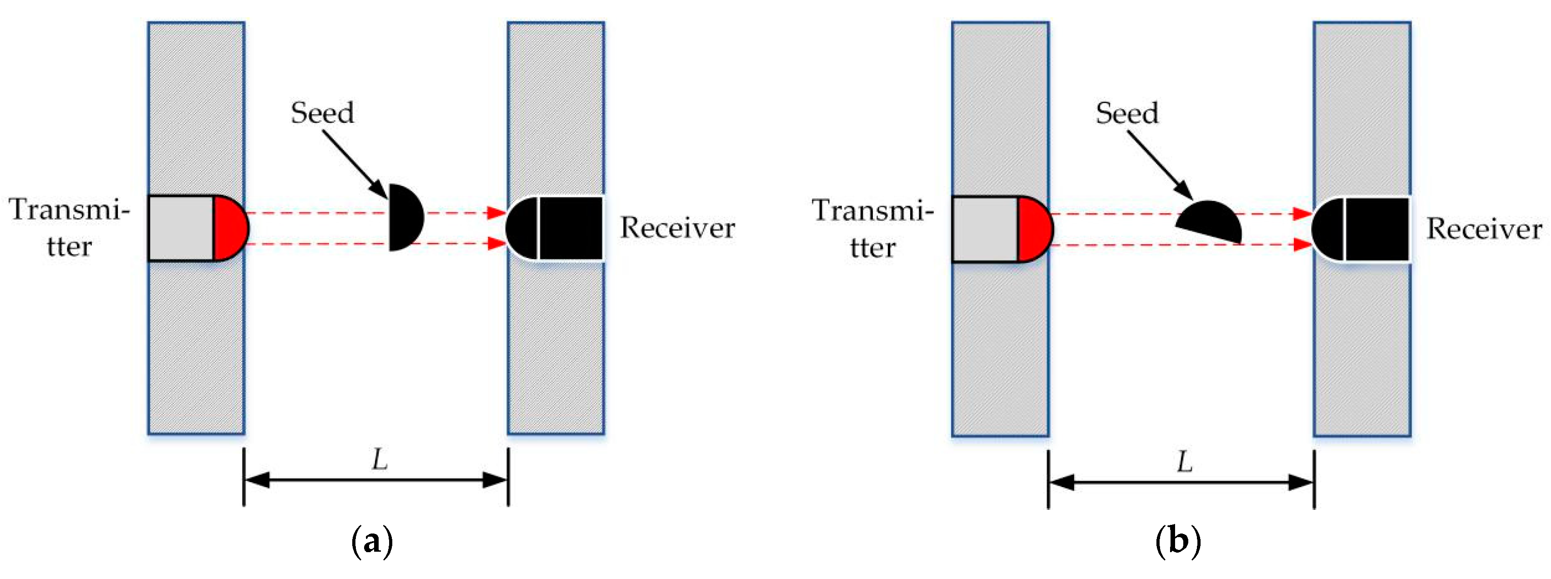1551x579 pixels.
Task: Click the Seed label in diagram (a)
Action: [x=322, y=113]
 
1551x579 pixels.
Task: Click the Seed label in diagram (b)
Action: [x=1126, y=113]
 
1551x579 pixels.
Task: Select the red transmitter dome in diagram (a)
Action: [x=229, y=228]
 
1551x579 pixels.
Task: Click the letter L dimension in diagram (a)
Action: [x=379, y=460]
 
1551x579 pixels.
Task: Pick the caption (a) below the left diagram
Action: [x=371, y=542]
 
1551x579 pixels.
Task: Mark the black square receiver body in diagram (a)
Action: [x=571, y=228]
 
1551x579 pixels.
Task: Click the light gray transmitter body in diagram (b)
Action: [x=985, y=229]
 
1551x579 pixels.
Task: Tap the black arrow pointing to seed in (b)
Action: [x=1160, y=164]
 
